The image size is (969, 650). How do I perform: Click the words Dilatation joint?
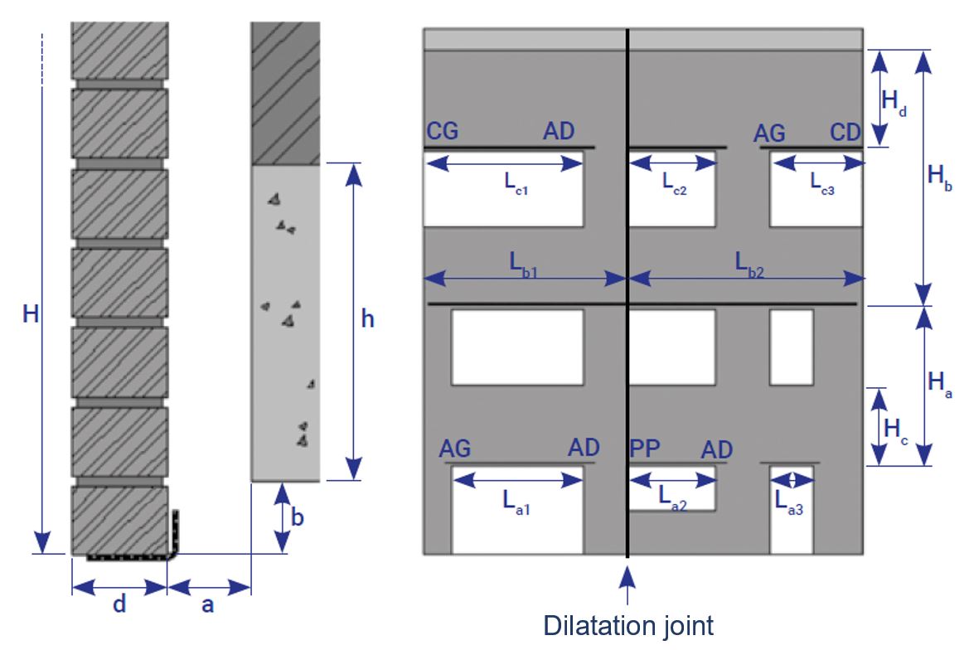point(627,626)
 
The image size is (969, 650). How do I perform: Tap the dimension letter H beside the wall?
point(31,314)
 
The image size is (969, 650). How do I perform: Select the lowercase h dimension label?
point(368,319)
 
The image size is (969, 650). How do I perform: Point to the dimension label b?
point(298,517)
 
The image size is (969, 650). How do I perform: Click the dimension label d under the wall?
point(119,603)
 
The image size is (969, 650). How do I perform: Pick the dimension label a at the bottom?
point(207,605)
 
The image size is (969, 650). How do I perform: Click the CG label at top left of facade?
point(443,131)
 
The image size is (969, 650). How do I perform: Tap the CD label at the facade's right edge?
point(845,132)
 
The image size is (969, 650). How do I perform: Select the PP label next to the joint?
point(645,448)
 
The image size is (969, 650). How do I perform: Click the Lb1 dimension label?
point(523,264)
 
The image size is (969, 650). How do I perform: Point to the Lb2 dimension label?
point(749,264)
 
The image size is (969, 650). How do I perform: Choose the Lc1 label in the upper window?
point(516,183)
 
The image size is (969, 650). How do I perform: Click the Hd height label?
point(894,102)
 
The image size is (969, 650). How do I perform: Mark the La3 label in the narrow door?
point(789,503)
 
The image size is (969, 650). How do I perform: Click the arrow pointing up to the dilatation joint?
point(627,585)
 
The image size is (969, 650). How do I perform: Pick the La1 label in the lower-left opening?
point(516,502)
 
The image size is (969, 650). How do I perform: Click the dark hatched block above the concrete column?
point(285,94)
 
